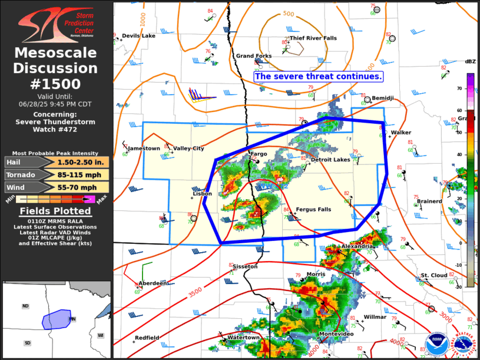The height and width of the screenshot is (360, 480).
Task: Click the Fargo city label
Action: [259, 154]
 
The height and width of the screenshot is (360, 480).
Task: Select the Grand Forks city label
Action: [254, 56]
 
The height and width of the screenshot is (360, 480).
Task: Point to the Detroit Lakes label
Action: [330, 160]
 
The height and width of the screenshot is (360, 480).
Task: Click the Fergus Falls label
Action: [313, 209]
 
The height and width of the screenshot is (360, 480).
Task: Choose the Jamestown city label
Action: [144, 148]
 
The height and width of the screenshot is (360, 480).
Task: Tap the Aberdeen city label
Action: [153, 283]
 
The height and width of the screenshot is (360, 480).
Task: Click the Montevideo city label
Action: [336, 334]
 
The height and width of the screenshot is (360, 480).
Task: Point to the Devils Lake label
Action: [139, 36]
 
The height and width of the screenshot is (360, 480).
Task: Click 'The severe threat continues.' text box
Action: [319, 77]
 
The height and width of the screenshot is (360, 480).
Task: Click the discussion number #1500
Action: [56, 83]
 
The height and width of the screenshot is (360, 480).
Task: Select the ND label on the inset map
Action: [25, 306]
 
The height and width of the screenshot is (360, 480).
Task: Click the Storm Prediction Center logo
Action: [56, 22]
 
